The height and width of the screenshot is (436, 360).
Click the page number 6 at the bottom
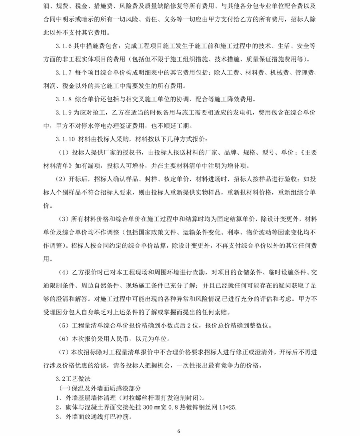click(x=179, y=431)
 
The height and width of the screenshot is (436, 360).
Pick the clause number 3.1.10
click(x=66, y=139)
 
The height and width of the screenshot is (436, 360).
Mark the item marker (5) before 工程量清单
click(x=64, y=325)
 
